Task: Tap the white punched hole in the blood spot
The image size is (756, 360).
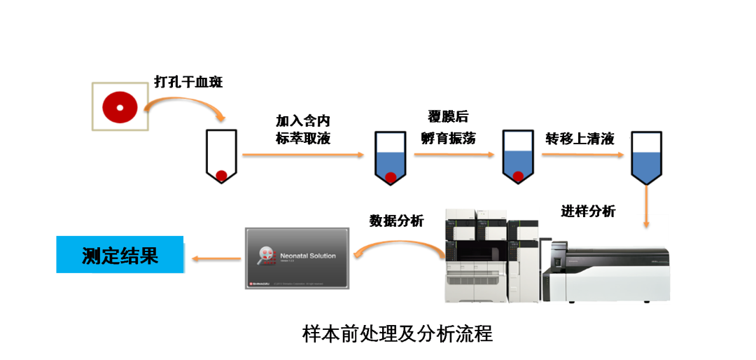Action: pyautogui.click(x=120, y=107)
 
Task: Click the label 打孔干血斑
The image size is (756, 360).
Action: pyautogui.click(x=189, y=83)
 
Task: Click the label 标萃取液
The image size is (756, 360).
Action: pyautogui.click(x=302, y=138)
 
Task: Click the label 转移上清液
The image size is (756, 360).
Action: pyautogui.click(x=580, y=138)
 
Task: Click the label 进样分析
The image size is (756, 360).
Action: pyautogui.click(x=588, y=211)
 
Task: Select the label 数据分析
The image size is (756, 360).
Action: pyautogui.click(x=397, y=221)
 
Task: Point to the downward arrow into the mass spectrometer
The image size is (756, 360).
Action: pyautogui.click(x=646, y=207)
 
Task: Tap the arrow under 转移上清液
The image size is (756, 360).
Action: pyautogui.click(x=582, y=154)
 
